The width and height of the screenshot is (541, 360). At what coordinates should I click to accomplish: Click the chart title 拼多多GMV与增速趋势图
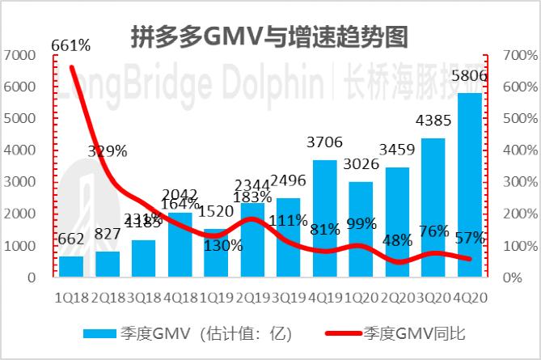click(x=270, y=36)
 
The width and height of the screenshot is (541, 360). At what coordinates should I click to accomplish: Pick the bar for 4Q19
click(x=324, y=218)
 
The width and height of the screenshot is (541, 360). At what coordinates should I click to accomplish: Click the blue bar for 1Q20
click(x=361, y=230)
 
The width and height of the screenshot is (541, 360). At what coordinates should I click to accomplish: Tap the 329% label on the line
click(x=108, y=150)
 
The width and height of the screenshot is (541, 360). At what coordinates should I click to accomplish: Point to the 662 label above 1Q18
click(x=71, y=239)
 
